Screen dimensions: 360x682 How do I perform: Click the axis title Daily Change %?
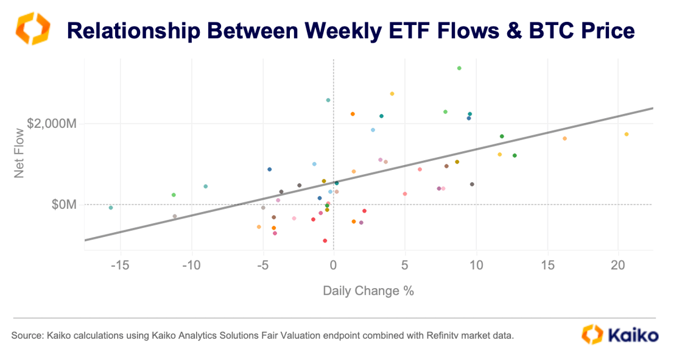click(x=368, y=291)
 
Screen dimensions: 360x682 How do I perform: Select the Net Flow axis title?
click(x=19, y=152)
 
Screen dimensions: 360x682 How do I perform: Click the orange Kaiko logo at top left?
click(x=32, y=28)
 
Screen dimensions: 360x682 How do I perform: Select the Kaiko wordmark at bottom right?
click(x=631, y=335)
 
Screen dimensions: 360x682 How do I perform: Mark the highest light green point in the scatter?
click(x=459, y=68)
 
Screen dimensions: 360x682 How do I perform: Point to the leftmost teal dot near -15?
click(x=110, y=208)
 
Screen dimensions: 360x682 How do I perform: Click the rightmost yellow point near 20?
click(x=627, y=135)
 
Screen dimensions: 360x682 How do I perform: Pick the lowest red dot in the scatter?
click(x=325, y=241)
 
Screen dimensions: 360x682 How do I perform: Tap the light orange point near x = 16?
click(x=564, y=138)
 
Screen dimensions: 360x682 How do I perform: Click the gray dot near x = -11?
click(x=175, y=216)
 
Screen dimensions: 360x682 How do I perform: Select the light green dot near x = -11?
click(x=174, y=195)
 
